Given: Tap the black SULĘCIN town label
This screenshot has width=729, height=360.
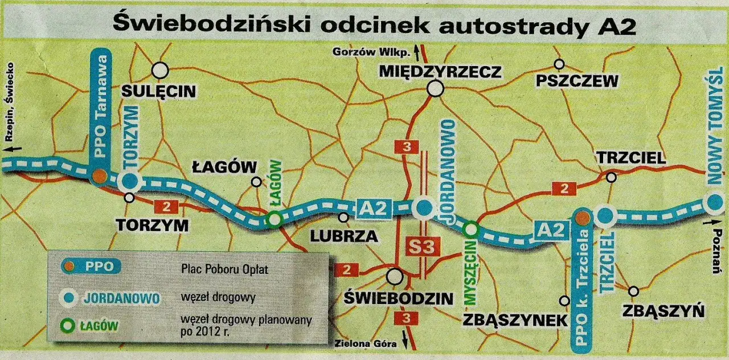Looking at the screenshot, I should [159, 91].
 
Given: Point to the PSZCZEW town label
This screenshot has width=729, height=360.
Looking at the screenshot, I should [577, 81].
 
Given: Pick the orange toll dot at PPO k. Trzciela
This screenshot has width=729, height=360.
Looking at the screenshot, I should [581, 218].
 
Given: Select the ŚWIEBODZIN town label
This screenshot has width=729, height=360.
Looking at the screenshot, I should [400, 298].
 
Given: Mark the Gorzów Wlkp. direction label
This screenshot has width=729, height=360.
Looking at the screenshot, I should [371, 52].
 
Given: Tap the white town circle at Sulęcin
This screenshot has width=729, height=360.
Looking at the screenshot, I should [161, 70].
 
